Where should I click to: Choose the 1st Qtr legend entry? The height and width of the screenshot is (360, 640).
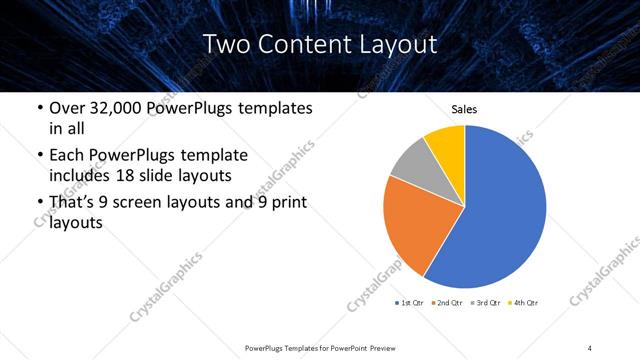tap(411, 301)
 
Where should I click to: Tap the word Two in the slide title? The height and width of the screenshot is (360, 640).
tap(224, 44)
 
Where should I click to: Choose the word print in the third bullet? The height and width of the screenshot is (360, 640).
tap(283, 202)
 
